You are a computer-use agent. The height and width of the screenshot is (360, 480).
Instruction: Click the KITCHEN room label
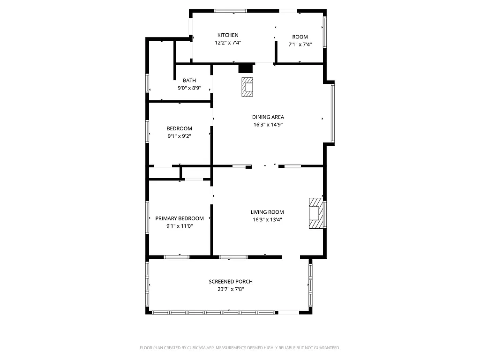(x=228, y=35)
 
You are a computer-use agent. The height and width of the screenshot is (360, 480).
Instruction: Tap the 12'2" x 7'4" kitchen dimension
(x=228, y=43)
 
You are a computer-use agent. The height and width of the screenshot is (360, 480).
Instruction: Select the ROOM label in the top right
(x=300, y=37)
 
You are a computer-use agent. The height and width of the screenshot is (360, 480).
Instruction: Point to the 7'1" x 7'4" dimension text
(x=300, y=45)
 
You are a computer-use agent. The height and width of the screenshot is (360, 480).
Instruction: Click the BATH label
(x=189, y=81)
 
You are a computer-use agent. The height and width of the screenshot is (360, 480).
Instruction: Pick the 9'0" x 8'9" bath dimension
(x=189, y=88)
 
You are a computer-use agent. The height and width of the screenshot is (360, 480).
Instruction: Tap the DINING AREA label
(x=268, y=117)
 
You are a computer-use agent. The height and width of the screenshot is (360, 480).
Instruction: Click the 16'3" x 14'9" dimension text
(x=268, y=125)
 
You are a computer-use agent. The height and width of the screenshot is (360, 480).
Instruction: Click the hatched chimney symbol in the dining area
(x=247, y=87)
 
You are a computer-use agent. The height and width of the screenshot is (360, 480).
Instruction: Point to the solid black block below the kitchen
(x=246, y=68)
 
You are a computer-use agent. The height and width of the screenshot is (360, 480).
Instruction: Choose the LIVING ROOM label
(x=267, y=212)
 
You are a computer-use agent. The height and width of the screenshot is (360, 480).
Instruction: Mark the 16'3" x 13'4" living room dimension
(x=267, y=219)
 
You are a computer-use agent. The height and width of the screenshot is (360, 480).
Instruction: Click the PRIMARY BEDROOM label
(x=180, y=218)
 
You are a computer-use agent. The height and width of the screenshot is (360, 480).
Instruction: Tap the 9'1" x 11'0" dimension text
(x=180, y=226)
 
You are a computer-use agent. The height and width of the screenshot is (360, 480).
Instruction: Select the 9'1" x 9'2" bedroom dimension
(x=180, y=136)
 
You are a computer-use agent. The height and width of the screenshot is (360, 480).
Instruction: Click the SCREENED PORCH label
(x=231, y=282)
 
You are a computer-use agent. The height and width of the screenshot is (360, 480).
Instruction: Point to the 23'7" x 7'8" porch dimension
(x=231, y=289)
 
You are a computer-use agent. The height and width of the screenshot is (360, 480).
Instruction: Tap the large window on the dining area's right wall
(x=333, y=112)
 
